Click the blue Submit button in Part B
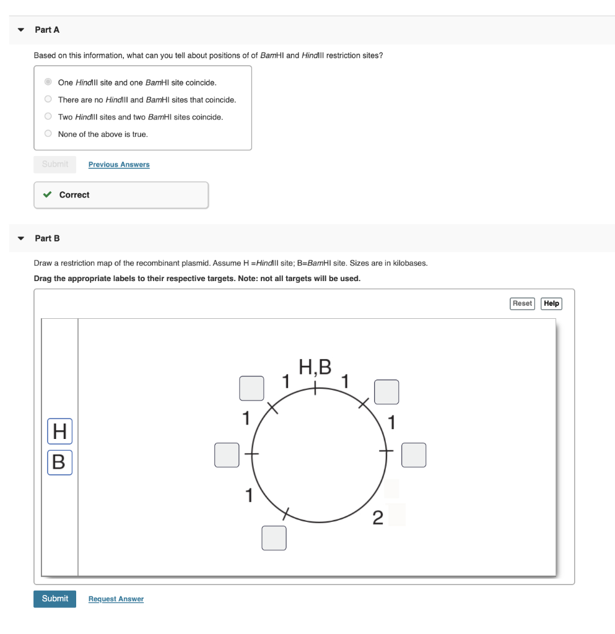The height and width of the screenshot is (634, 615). tap(55, 599)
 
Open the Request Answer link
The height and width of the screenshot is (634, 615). tap(116, 599)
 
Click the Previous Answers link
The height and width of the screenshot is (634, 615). tap(119, 165)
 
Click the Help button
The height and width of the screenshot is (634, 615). tap(551, 303)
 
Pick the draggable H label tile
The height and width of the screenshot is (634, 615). tap(59, 432)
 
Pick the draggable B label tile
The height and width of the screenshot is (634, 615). tap(59, 462)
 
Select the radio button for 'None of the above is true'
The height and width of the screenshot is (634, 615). tap(48, 134)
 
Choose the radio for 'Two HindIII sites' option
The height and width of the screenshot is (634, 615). tap(48, 116)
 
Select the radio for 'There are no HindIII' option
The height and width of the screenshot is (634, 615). tap(48, 99)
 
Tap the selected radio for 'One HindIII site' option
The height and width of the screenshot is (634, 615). tap(48, 82)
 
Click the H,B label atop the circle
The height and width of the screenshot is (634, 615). tap(315, 367)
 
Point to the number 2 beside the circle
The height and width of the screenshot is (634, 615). tap(378, 517)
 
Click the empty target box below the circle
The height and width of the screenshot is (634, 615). tap(274, 537)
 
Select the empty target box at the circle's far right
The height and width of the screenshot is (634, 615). tap(414, 454)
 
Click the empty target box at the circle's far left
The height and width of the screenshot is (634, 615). tap(227, 454)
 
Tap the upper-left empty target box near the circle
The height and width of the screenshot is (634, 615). tap(252, 388)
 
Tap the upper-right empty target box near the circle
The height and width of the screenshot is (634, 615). tap(386, 392)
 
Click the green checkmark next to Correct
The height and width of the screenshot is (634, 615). tap(47, 195)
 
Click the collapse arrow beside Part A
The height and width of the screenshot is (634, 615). tap(21, 30)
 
